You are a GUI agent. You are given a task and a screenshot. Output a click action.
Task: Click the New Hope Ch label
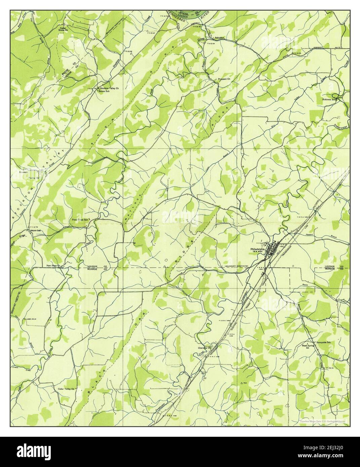tap(53, 266)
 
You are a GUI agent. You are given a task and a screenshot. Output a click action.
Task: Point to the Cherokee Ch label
tap(204, 348)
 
